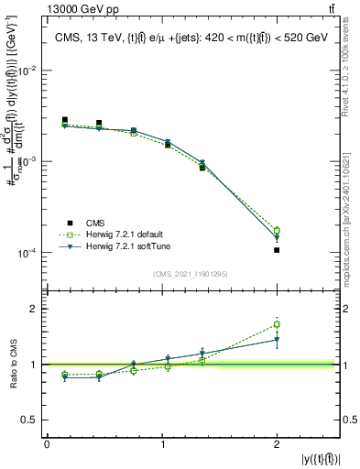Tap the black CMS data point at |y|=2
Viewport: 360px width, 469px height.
point(277,250)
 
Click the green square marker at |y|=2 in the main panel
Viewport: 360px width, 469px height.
point(277,231)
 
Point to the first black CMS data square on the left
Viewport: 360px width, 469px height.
point(64,120)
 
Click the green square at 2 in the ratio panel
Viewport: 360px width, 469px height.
point(277,324)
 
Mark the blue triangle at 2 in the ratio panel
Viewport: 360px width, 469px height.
point(277,340)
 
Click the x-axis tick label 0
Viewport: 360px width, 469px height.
point(47,443)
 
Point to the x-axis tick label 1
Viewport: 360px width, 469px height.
point(162,443)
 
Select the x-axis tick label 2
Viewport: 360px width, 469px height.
point(277,443)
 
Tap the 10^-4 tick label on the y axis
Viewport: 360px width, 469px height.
point(28,253)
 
